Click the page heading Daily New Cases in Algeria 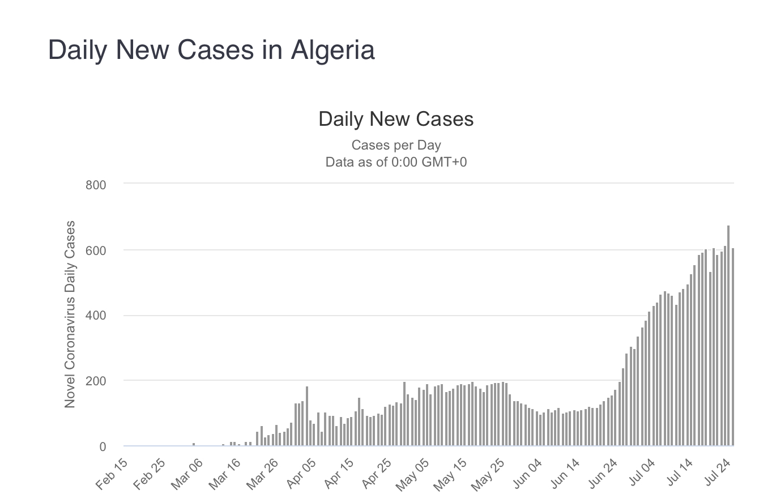point(211,50)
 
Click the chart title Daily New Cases point(396,119)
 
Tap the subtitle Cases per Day point(396,145)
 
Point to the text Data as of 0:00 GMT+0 point(396,162)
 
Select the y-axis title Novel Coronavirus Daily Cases point(70,314)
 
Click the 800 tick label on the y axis point(96,185)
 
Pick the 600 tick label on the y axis point(96,250)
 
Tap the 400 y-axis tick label point(96,316)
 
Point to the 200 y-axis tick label point(96,381)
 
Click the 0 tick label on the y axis point(102,447)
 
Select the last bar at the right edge point(733,347)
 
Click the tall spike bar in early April point(307,416)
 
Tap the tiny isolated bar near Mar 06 point(194,444)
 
